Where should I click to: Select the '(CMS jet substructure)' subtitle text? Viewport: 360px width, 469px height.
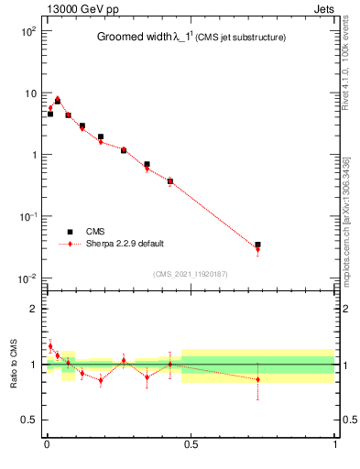(240, 38)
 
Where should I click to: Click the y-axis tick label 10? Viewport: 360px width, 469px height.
(29, 93)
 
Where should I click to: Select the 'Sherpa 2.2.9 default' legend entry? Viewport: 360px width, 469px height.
(128, 245)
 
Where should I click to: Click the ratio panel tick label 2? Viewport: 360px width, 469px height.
(33, 309)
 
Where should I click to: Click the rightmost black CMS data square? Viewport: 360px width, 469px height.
(257, 245)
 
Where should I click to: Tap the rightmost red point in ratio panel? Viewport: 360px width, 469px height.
(257, 379)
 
